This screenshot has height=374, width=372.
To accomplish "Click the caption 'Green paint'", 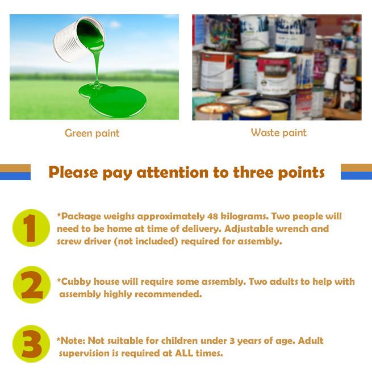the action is [92, 134].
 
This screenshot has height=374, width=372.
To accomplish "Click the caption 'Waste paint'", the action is [279, 132].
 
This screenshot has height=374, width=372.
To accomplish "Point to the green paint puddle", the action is [112, 99].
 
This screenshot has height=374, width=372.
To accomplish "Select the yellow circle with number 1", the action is [31, 228].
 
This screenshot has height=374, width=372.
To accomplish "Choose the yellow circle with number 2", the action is [32, 285].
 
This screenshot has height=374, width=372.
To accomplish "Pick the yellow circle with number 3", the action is [31, 344].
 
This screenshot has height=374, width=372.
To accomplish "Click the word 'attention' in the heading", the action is [172, 172].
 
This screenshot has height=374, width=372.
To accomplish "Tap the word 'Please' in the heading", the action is [73, 172].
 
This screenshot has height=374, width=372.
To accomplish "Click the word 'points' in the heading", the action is [302, 172].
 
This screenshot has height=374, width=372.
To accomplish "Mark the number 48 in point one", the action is [212, 217].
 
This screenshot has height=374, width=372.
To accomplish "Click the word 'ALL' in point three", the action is [184, 353].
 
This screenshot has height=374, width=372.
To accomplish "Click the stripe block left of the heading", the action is [15, 172].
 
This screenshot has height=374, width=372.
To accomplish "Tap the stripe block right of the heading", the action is [356, 172].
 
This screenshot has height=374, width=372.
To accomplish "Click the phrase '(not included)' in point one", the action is [146, 242].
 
